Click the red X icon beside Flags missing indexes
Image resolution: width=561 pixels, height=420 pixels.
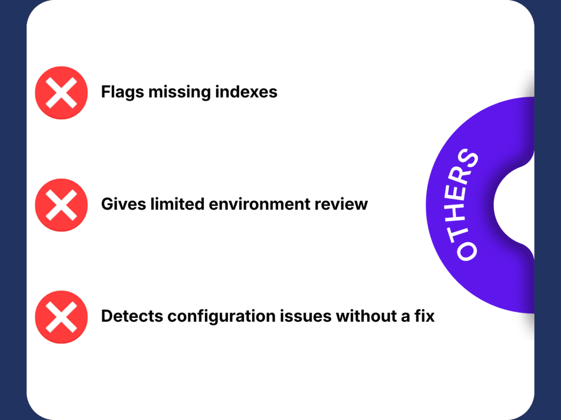(x=61, y=92)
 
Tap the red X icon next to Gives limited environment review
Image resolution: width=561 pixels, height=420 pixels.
(x=61, y=205)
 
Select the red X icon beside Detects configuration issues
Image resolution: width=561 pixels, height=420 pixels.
(x=61, y=317)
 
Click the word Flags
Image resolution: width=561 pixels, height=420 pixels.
(x=122, y=92)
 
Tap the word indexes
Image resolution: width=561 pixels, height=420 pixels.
(x=246, y=92)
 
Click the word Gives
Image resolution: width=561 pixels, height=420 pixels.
(x=123, y=205)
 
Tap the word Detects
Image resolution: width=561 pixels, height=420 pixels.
(x=132, y=316)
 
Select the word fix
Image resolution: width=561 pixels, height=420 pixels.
(x=425, y=316)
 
